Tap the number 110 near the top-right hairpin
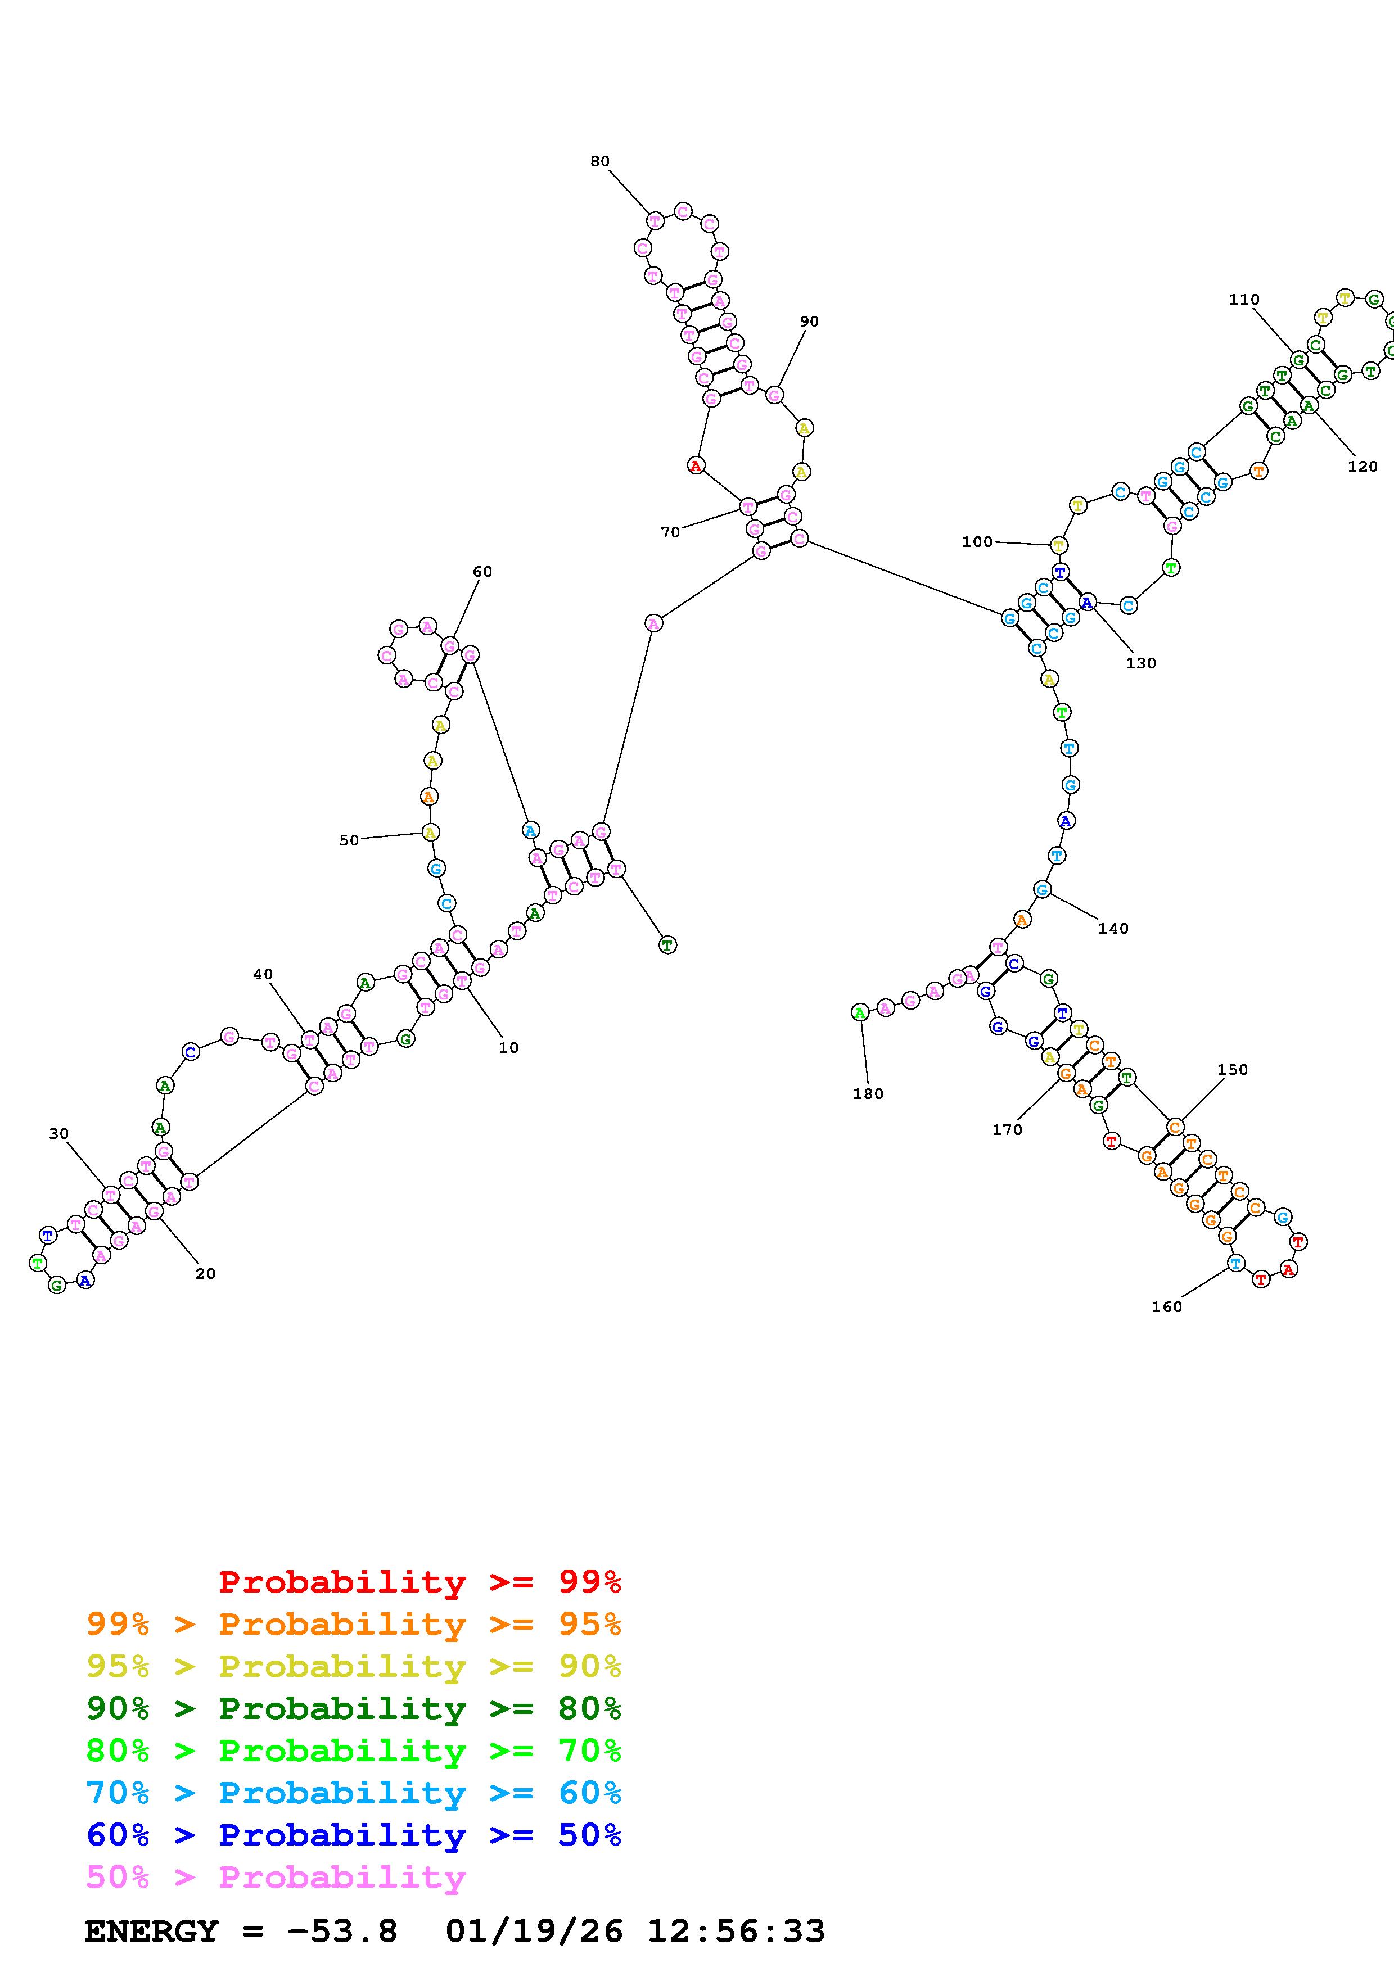tap(1244, 300)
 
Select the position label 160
tap(1166, 1306)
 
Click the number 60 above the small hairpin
tap(482, 571)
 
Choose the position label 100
tap(977, 541)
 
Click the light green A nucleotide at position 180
tap(859, 1012)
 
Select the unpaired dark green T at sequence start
tap(667, 945)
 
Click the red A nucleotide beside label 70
tap(696, 465)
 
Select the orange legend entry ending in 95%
tap(354, 1623)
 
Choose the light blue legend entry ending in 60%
tap(354, 1793)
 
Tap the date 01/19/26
tap(534, 1931)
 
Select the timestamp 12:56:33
tap(735, 1931)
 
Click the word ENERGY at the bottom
tap(151, 1931)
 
